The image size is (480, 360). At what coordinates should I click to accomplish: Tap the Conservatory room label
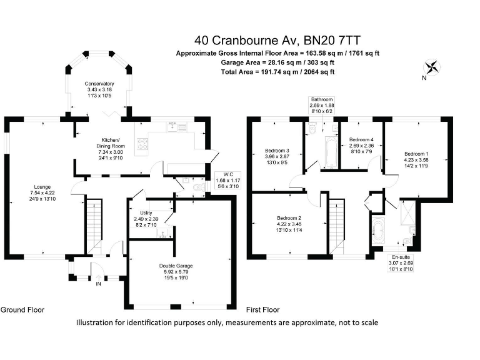(x=99, y=84)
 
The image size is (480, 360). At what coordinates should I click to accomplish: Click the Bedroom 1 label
(x=416, y=154)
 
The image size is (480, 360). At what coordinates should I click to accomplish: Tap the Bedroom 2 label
(x=289, y=218)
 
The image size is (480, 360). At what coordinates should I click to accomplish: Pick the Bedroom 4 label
(x=361, y=139)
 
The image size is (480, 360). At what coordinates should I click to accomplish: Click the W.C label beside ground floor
(x=222, y=174)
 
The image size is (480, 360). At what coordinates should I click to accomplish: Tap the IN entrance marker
(x=98, y=283)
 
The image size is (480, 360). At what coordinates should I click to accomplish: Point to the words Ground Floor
(x=22, y=309)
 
